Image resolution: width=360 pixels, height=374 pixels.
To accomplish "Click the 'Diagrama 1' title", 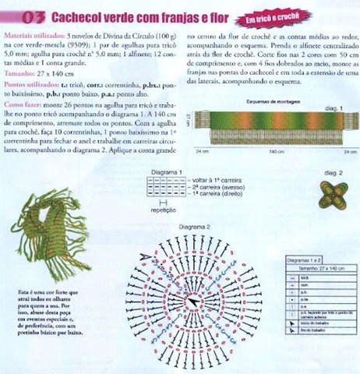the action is (x=169, y=172).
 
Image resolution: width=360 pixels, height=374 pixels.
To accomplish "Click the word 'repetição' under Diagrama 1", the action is (x=159, y=210).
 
